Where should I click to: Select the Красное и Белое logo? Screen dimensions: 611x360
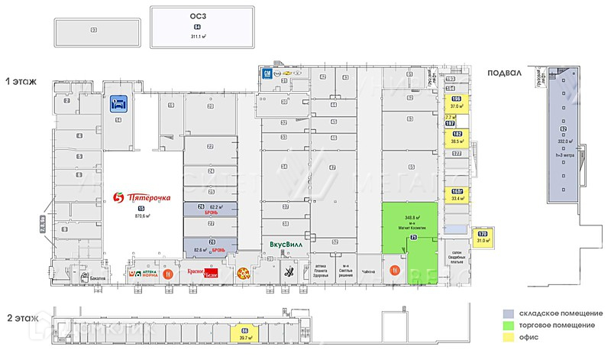[x=202, y=271]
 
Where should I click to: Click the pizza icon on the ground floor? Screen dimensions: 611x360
[x=243, y=272]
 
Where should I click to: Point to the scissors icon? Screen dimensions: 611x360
[x=289, y=271]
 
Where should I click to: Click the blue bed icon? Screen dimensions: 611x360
[x=118, y=102]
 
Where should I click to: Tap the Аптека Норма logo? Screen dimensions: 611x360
[x=147, y=272]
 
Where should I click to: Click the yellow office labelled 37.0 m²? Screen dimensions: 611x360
[x=457, y=104]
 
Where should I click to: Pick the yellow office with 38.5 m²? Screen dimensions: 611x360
[x=457, y=138]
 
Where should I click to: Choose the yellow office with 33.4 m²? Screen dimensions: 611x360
[x=457, y=195]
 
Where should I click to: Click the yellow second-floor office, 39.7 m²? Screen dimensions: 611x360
[x=245, y=332]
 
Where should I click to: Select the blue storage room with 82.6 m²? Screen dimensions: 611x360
[x=209, y=245]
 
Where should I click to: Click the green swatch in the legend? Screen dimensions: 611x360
[x=508, y=326]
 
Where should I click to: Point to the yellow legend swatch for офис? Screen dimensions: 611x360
[x=508, y=337]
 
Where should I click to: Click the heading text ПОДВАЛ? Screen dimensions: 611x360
[x=505, y=73]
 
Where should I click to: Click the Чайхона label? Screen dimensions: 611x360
[x=368, y=271]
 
